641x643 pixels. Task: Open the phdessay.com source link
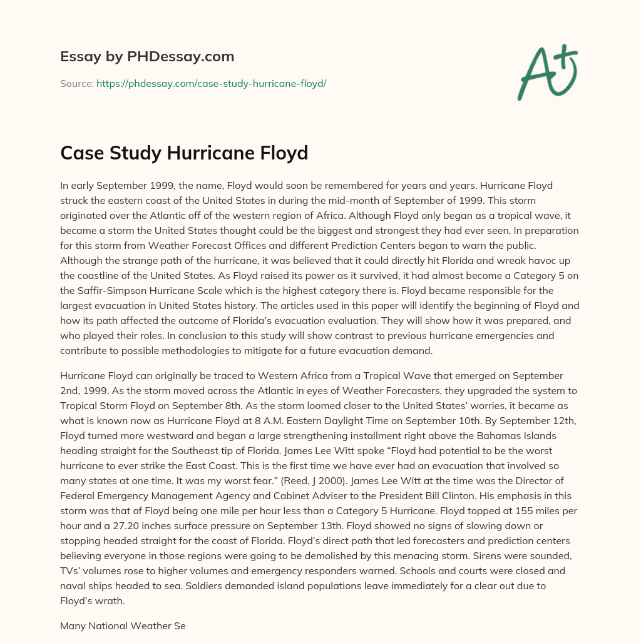click(211, 83)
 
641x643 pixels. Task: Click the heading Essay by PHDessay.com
click(147, 57)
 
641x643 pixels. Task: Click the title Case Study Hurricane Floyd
click(184, 153)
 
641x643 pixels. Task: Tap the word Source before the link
click(76, 83)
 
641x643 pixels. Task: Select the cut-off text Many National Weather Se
click(123, 625)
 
